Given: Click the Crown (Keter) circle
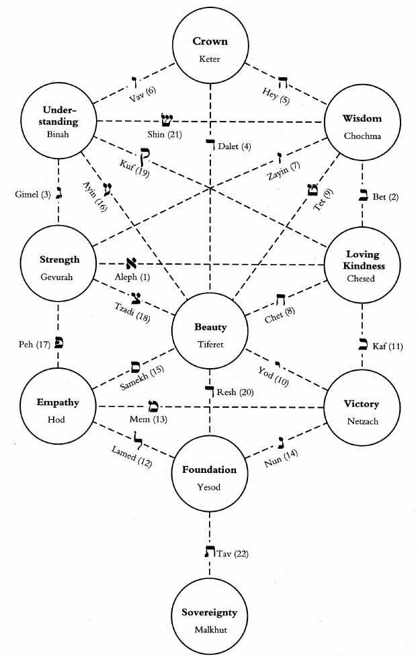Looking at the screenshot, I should tap(210, 49).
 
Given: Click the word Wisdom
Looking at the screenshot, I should tap(362, 119).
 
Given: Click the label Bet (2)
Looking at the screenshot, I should tap(386, 197).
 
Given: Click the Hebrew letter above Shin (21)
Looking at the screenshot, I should tap(165, 120).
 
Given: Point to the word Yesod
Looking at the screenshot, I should tap(209, 486).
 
